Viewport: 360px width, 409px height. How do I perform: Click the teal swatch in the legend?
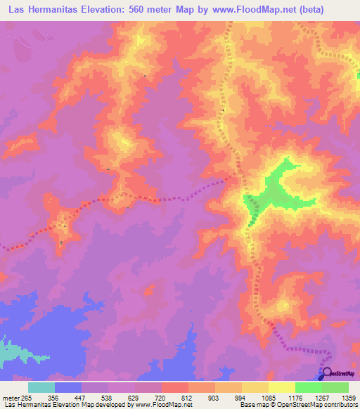(41, 387)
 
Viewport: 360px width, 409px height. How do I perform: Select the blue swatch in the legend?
(68, 387)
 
